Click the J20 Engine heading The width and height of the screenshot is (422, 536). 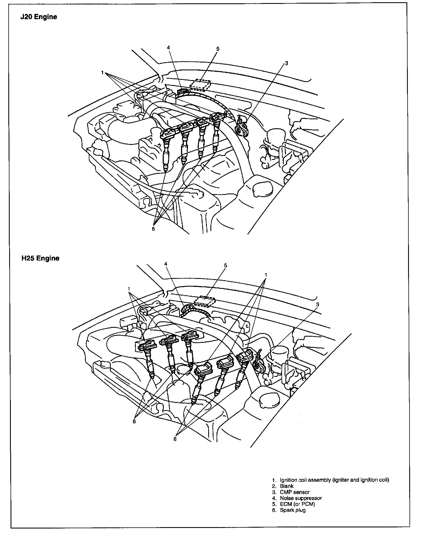tap(39, 17)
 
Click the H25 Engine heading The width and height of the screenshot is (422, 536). tap(40, 258)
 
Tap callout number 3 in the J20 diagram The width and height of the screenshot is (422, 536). tap(287, 63)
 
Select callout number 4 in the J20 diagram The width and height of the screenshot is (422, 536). tap(168, 47)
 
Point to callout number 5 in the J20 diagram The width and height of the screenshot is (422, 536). tap(218, 49)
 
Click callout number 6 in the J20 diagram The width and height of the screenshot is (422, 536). tap(153, 229)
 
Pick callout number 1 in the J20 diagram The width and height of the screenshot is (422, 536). tap(102, 73)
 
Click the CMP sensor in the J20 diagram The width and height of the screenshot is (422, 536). tap(240, 128)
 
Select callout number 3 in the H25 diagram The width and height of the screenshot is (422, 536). tap(318, 304)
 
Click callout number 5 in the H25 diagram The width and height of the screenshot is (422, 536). tap(225, 265)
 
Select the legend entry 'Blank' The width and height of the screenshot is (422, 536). tap(287, 486)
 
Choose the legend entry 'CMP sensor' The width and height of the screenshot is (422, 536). tap(294, 492)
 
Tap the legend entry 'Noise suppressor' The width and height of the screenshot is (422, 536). tap(300, 498)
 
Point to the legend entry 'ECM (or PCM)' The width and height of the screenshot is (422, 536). tap(297, 504)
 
